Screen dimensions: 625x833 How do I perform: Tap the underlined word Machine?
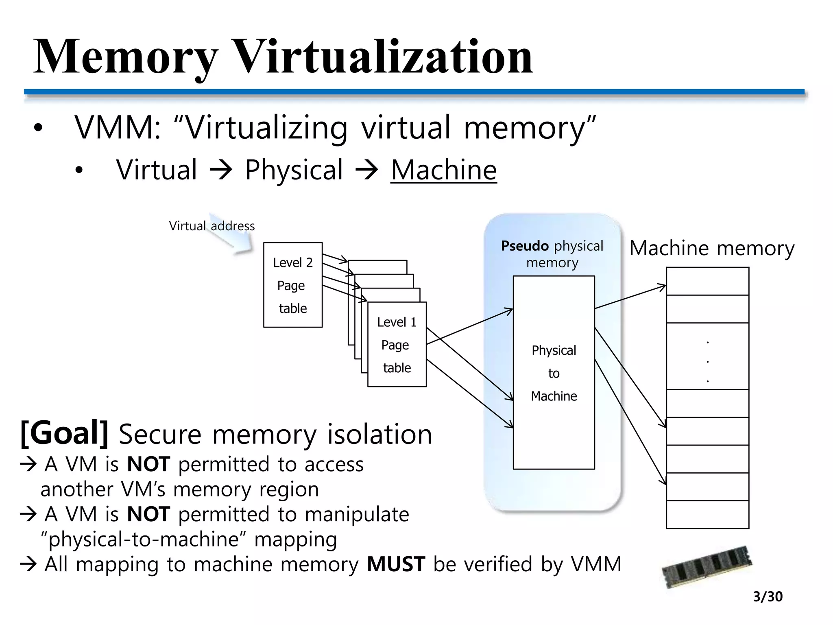tap(443, 170)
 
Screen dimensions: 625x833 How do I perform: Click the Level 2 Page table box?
tap(293, 285)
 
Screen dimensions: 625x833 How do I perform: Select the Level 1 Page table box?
tap(397, 345)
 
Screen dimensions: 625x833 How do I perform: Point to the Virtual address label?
tap(212, 226)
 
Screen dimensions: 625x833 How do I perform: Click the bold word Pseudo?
tap(525, 246)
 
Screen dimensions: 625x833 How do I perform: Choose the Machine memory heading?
tap(712, 248)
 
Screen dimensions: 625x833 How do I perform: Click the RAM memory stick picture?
tap(707, 566)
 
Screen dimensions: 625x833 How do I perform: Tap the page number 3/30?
tap(768, 597)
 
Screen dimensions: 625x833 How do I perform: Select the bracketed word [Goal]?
tap(64, 433)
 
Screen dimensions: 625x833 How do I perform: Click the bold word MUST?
tap(396, 564)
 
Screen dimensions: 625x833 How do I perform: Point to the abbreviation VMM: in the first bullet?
tap(118, 128)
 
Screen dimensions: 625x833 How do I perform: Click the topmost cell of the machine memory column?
tap(707, 281)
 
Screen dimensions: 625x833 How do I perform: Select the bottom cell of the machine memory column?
tap(707, 514)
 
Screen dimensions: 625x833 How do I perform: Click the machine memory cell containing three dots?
tap(707, 356)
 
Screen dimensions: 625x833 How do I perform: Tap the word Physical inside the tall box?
tap(554, 350)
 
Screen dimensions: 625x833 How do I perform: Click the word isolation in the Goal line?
tap(379, 434)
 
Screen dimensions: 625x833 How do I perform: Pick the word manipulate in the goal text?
tap(357, 514)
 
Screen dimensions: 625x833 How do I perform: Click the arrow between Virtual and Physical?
tap(220, 170)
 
